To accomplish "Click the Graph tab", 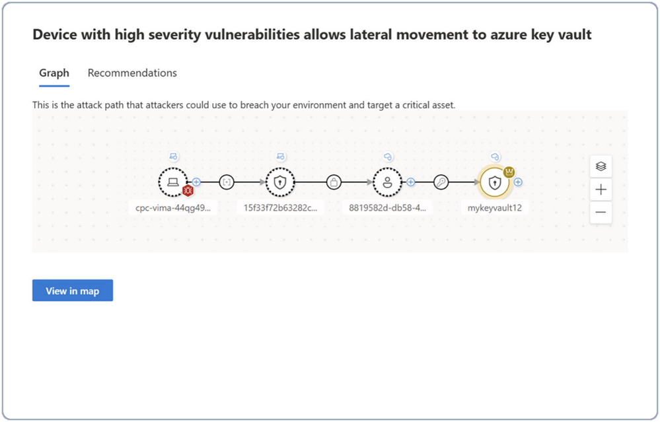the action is click(x=54, y=73).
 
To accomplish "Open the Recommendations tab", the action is click(x=132, y=73).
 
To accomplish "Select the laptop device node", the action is click(x=172, y=182).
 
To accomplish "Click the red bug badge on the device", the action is click(x=188, y=191).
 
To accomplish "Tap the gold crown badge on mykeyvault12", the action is click(x=509, y=172).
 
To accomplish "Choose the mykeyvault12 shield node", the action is click(x=494, y=182).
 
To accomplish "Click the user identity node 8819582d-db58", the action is click(x=387, y=182).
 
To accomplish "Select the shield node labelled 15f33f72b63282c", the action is click(x=280, y=182).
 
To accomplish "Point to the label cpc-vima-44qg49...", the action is click(x=173, y=207).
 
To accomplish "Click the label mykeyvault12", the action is click(x=495, y=207).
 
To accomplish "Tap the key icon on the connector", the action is click(x=441, y=182).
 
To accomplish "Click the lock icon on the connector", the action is click(x=334, y=182).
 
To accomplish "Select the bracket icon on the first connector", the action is click(x=227, y=182).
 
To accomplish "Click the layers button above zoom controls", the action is click(x=601, y=166).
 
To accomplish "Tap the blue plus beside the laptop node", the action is click(x=196, y=182).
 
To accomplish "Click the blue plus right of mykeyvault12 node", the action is click(x=518, y=182).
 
